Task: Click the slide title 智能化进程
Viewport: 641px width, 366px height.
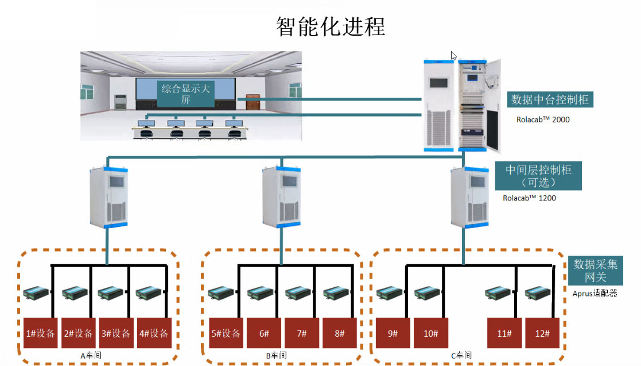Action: pyautogui.click(x=330, y=26)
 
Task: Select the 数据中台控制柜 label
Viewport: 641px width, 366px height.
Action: pyautogui.click(x=550, y=99)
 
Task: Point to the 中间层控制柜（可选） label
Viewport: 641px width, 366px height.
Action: pyautogui.click(x=538, y=176)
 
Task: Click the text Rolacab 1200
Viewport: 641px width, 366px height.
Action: pyautogui.click(x=529, y=198)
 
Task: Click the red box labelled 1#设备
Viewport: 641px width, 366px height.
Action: pyautogui.click(x=40, y=333)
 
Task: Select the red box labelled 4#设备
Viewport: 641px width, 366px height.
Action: pyautogui.click(x=154, y=333)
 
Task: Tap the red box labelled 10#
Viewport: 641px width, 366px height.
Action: pyautogui.click(x=430, y=333)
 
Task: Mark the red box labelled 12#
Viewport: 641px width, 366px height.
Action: pyautogui.click(x=541, y=333)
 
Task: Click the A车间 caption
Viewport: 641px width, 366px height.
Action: pyautogui.click(x=91, y=356)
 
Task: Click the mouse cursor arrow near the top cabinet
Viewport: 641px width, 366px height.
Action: pyautogui.click(x=453, y=56)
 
